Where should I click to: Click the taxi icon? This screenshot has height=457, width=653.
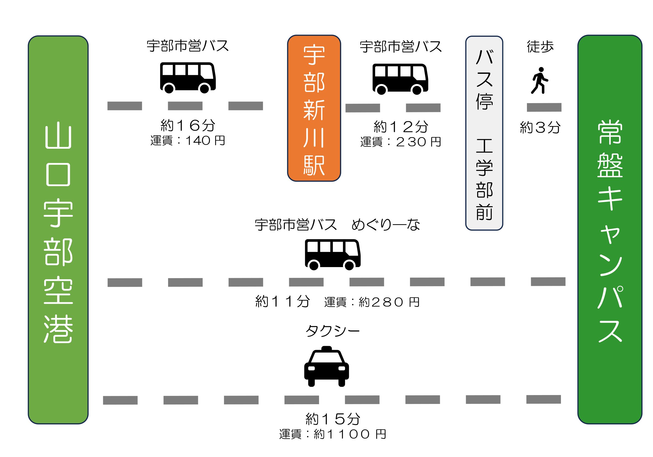tap(326, 367)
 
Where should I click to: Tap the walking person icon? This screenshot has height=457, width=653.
tap(539, 80)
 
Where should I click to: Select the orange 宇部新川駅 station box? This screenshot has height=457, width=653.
tap(314, 108)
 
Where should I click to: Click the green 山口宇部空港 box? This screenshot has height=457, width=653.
tap(58, 230)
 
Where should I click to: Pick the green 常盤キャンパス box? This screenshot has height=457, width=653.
tap(610, 230)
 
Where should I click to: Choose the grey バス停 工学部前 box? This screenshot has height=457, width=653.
tap(484, 133)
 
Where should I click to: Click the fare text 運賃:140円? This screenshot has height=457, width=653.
tap(188, 140)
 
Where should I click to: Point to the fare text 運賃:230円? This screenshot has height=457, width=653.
tap(400, 142)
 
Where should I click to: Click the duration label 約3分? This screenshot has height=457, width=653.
tap(540, 127)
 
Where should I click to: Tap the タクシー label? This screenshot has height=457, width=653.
tap(333, 331)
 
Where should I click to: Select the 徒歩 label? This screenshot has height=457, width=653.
tap(540, 47)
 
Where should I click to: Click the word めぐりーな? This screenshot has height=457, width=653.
tap(386, 225)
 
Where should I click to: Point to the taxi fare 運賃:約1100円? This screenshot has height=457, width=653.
tap(333, 434)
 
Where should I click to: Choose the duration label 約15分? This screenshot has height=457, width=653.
tap(333, 419)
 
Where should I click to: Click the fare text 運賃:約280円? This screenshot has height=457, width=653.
tap(372, 302)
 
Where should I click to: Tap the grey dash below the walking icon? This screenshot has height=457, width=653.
tap(544, 107)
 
